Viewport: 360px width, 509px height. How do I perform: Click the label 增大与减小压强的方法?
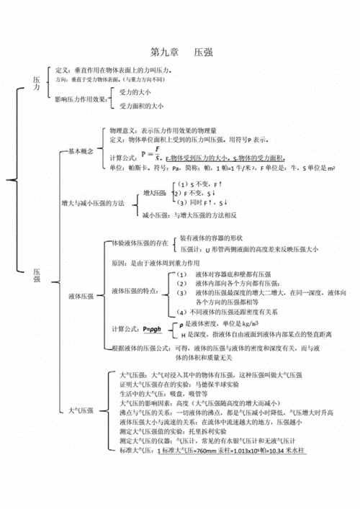(x=92, y=204)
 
